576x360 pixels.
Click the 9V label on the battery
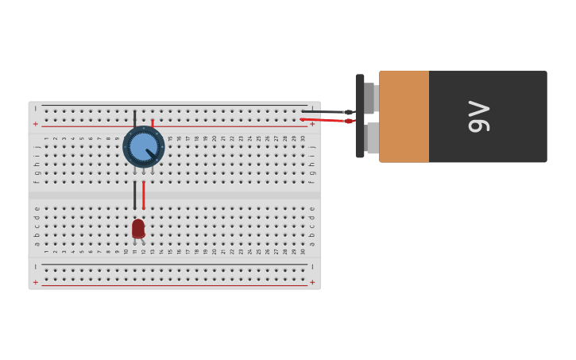pos(478,116)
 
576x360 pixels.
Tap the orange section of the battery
pos(404,116)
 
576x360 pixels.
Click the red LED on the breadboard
pos(138,229)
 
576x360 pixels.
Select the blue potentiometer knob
pos(143,147)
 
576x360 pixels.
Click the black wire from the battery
pos(326,112)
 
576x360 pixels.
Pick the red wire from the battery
pos(326,120)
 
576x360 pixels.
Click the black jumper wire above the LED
pos(135,195)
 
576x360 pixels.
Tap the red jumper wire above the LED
pos(144,195)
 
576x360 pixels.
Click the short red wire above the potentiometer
pos(153,123)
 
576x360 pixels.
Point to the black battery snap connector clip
pos(360,116)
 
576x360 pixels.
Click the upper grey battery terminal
pos(370,99)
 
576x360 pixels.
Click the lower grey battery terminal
pos(372,138)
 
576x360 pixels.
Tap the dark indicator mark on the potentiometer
pos(150,152)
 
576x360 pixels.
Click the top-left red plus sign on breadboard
pos(35,124)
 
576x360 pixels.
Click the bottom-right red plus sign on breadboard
pos(312,282)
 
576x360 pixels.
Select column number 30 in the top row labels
pos(303,138)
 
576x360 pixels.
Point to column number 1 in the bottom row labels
pos(46,252)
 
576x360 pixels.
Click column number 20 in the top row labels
pos(215,138)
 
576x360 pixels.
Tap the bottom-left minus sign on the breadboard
pos(35,266)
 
